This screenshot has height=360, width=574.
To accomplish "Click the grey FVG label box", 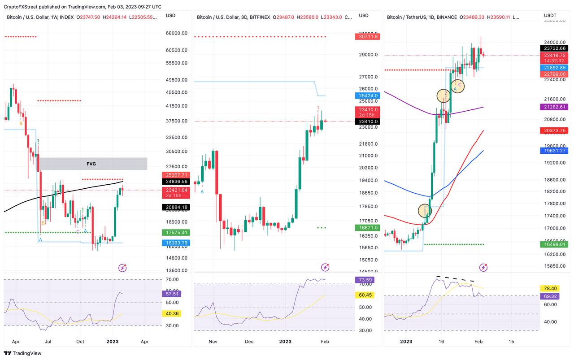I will click(91, 164).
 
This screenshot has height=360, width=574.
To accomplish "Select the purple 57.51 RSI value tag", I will click(171, 294).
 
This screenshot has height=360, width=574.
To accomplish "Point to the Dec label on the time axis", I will click(249, 341).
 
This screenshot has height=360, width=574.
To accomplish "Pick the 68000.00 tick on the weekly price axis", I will click(176, 33).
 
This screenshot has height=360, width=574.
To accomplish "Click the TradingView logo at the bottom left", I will click(22, 353).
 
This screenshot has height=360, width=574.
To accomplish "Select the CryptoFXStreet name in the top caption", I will click(22, 7).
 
